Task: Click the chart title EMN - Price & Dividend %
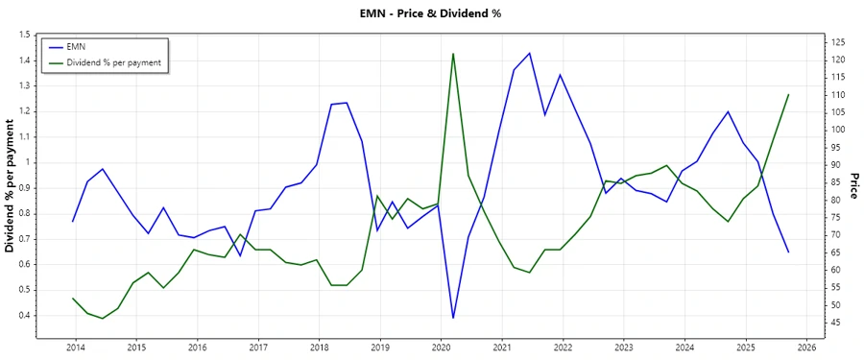[431, 13]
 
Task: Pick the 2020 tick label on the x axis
[441, 348]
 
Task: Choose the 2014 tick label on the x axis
[75, 348]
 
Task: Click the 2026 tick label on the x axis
[806, 348]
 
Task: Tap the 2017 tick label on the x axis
[257, 348]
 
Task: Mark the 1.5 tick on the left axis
[24, 35]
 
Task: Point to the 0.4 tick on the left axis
[24, 315]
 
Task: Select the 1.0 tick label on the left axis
[24, 162]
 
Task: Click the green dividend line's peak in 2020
[453, 54]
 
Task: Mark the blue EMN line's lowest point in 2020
[453, 318]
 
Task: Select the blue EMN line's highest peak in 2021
[529, 53]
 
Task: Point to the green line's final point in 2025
[788, 95]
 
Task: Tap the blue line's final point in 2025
[788, 252]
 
